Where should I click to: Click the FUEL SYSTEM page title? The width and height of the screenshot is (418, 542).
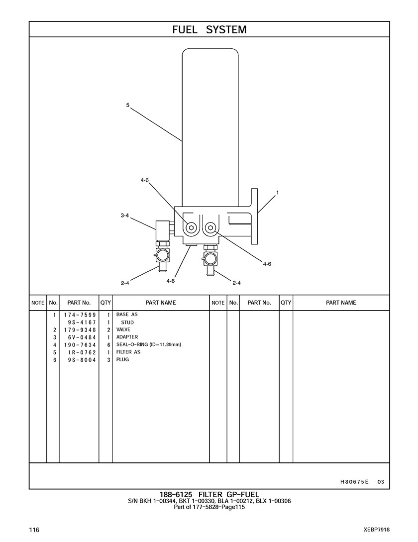point(209,30)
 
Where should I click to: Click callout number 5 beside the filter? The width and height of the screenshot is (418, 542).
point(128,105)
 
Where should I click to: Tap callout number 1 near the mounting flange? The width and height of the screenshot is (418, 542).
point(277,192)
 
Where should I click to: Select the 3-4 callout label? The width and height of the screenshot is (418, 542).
point(124,216)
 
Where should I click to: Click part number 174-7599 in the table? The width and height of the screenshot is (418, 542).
point(80,315)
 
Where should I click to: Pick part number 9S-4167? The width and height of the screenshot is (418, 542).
point(83,323)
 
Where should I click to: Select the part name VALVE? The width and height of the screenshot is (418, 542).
point(123,329)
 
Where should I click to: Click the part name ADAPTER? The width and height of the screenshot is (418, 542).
point(127,337)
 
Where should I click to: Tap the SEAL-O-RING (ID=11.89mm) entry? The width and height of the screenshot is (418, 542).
point(148,344)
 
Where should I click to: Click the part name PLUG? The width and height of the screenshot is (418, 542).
point(122,359)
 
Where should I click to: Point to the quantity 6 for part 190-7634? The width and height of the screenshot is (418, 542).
point(108,344)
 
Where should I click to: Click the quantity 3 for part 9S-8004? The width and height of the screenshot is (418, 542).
point(108,359)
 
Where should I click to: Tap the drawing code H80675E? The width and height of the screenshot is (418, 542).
point(355,482)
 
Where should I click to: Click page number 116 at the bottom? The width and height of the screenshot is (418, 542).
point(34,530)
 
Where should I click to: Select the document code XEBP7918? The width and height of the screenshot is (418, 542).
point(377,530)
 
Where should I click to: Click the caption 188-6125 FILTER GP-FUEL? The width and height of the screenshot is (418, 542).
point(209,494)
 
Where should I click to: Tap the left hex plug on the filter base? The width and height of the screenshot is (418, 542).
point(191,228)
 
